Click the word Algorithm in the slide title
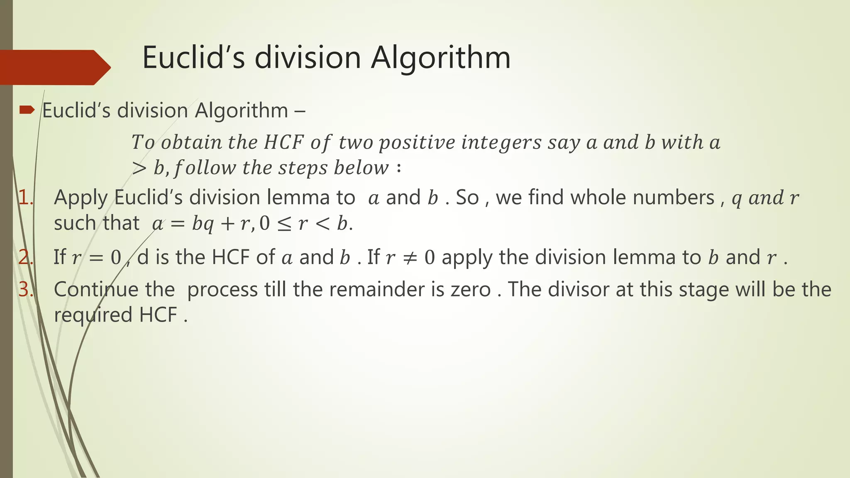440,58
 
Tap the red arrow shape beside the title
54,67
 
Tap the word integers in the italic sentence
501,143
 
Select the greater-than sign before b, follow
139,168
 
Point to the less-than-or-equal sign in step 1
284,224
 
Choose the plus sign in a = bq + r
227,224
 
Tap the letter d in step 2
143,258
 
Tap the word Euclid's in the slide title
194,58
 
